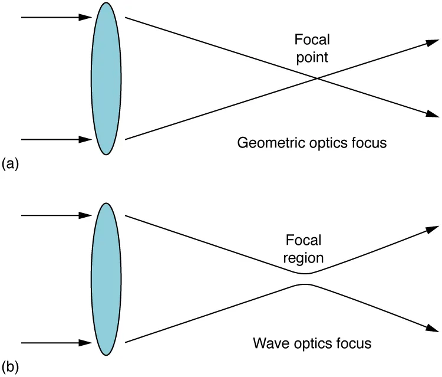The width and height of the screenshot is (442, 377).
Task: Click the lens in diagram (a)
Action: tap(106, 78)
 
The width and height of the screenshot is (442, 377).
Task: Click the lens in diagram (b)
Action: tap(106, 279)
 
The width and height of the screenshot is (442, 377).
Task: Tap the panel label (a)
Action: tap(11, 163)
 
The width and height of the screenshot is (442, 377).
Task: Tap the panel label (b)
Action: tap(11, 366)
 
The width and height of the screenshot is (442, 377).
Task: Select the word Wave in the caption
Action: tap(268, 343)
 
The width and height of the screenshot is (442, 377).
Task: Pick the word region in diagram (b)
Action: tap(304, 258)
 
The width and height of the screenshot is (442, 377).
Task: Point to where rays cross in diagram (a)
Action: tap(317, 78)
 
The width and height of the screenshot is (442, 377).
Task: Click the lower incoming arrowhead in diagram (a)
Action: tap(85, 140)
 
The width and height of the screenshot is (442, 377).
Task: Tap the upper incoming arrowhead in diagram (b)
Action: tap(85, 216)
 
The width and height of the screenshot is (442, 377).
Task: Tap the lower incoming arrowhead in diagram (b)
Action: tap(85, 342)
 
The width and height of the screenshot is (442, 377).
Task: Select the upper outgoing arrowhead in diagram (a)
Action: tap(433, 42)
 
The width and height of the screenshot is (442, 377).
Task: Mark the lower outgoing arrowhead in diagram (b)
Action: tap(433, 329)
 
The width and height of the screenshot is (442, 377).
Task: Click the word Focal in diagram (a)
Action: tap(312, 40)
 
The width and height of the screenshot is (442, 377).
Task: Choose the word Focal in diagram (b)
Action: tap(304, 240)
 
